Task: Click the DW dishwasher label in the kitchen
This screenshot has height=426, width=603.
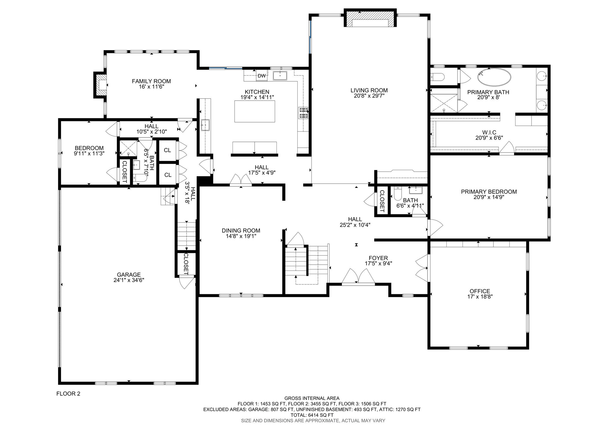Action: coord(261,76)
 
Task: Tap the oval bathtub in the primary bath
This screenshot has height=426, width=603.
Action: coord(494,77)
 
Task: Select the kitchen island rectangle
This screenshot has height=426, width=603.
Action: coord(255,111)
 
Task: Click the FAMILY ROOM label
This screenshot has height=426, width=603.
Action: coord(151,81)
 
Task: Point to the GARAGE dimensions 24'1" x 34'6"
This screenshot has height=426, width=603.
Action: coord(129,280)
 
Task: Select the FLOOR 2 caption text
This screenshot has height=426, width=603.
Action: coord(68,394)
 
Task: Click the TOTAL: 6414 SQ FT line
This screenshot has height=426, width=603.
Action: coord(312,415)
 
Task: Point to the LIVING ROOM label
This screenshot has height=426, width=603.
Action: coord(369,90)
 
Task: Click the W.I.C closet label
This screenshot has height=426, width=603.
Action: coord(489,132)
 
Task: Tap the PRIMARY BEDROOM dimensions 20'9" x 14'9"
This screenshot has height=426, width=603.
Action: coord(489,197)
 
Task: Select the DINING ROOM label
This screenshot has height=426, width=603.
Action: coord(241,231)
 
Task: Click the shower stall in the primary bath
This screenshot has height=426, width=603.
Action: coord(444,100)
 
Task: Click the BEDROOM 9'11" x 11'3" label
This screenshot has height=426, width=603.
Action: coord(89,150)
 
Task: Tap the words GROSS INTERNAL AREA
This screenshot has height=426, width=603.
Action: coord(312,398)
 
